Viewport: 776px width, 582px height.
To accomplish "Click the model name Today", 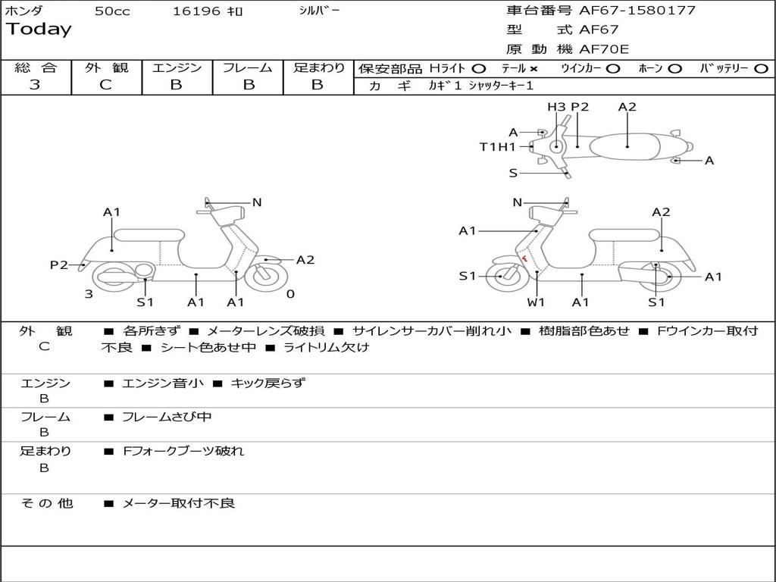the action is click(x=39, y=30).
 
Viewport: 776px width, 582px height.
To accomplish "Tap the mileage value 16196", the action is click(x=196, y=11).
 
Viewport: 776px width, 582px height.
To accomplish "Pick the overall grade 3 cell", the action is click(x=35, y=85).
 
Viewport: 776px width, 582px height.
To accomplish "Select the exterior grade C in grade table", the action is click(x=105, y=85).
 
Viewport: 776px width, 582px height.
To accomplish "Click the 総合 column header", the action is click(x=36, y=68).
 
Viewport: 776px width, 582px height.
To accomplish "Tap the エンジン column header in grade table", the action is click(x=177, y=68).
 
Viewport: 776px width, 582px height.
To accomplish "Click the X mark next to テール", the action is click(x=533, y=69).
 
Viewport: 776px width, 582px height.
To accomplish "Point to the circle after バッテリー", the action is click(x=761, y=69).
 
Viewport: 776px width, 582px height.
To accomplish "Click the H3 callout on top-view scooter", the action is click(x=556, y=107).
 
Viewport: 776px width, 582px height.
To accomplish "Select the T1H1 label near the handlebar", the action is click(x=497, y=147).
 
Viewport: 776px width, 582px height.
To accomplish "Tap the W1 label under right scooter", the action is click(x=536, y=302).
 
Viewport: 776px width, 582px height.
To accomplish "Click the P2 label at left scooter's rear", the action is click(x=59, y=264).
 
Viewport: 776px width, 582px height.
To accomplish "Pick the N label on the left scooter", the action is click(x=257, y=202).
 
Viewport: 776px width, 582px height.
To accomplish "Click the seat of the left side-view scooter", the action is click(x=149, y=234).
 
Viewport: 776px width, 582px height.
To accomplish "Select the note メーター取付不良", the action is click(x=178, y=503).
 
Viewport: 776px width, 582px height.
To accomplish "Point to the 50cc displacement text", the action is click(x=112, y=11).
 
